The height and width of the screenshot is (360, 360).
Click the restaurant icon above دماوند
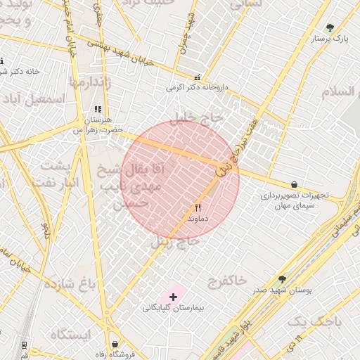tap(198, 208)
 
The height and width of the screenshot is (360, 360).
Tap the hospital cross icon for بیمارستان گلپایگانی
tap(173, 297)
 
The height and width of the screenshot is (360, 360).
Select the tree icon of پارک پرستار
tap(330, 27)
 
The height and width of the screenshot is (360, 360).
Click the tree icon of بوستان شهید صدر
tap(283, 279)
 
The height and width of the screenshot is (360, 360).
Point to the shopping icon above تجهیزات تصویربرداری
tap(293, 185)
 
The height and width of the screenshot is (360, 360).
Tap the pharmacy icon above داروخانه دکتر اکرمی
tap(197, 78)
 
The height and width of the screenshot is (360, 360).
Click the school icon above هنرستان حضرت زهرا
tap(98, 110)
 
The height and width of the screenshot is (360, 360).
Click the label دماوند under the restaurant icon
tap(198, 219)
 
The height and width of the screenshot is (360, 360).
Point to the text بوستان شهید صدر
tap(283, 290)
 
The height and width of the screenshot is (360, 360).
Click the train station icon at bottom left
tap(25, 345)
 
